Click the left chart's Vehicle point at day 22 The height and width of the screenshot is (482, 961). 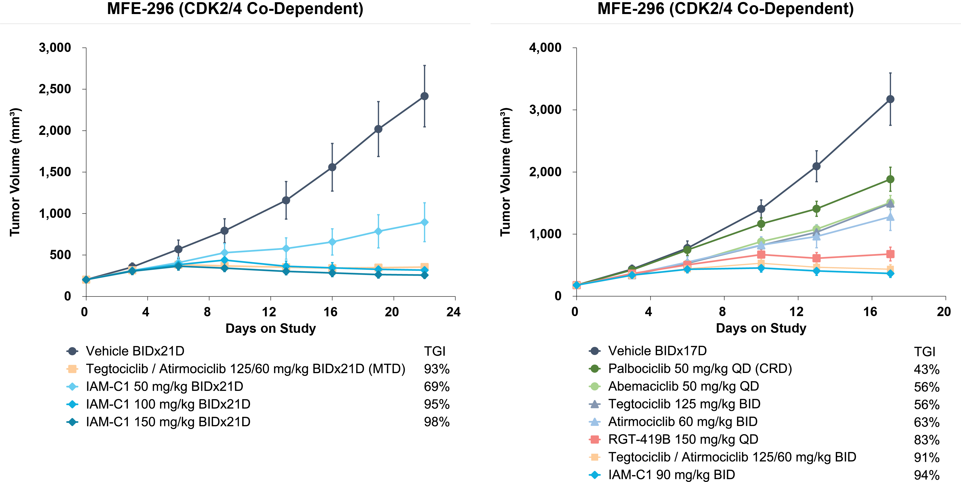(424, 96)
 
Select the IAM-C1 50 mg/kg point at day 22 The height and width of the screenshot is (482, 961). (424, 223)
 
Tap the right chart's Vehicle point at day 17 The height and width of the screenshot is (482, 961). (890, 99)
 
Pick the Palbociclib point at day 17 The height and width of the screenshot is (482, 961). (890, 179)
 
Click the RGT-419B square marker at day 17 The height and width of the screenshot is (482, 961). (890, 254)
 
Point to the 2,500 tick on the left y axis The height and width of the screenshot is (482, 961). (55, 89)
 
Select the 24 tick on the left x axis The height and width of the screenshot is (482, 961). (454, 312)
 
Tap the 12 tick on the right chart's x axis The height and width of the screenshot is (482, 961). (797, 312)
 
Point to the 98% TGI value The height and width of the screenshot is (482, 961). (437, 422)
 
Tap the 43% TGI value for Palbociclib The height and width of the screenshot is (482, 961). (927, 370)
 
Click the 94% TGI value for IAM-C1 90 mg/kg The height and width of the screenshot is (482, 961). (927, 475)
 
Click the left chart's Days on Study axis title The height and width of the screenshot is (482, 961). (271, 328)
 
